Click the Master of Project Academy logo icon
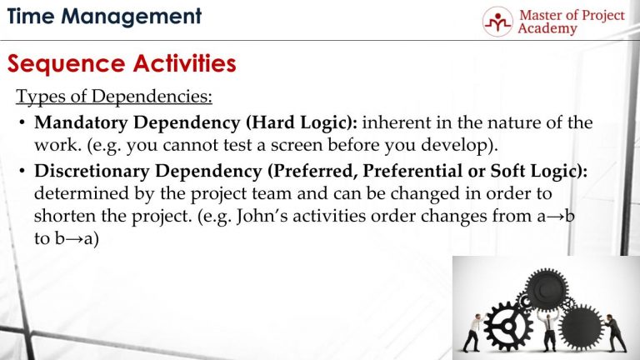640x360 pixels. pos(497,21)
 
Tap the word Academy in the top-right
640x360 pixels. pos(547,29)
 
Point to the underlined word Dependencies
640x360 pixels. pos(154,97)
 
